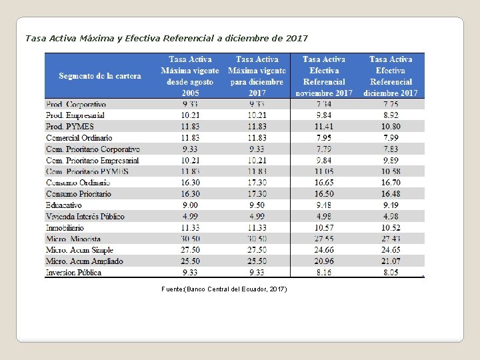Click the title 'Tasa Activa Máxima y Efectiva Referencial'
pos(167,38)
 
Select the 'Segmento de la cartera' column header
pos(100,76)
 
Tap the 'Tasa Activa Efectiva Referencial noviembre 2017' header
pos(324,76)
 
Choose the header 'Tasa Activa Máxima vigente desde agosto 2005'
pos(190,76)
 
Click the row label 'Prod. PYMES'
pos(70,127)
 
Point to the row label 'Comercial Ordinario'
pos(79,138)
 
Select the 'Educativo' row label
pos(64,205)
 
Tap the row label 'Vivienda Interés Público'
pos(85,217)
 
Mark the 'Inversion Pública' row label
pos(74,273)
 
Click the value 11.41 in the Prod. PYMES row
pos(324,127)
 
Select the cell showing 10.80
pos(391,127)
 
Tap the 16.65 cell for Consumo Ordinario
pos(324,183)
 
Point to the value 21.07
pos(391,261)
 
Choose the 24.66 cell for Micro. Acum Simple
pos(324,250)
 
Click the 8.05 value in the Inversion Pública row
pos(391,273)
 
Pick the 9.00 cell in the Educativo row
pos(190,205)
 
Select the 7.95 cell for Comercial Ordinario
pos(324,138)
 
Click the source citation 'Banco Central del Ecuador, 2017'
pos(224,289)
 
